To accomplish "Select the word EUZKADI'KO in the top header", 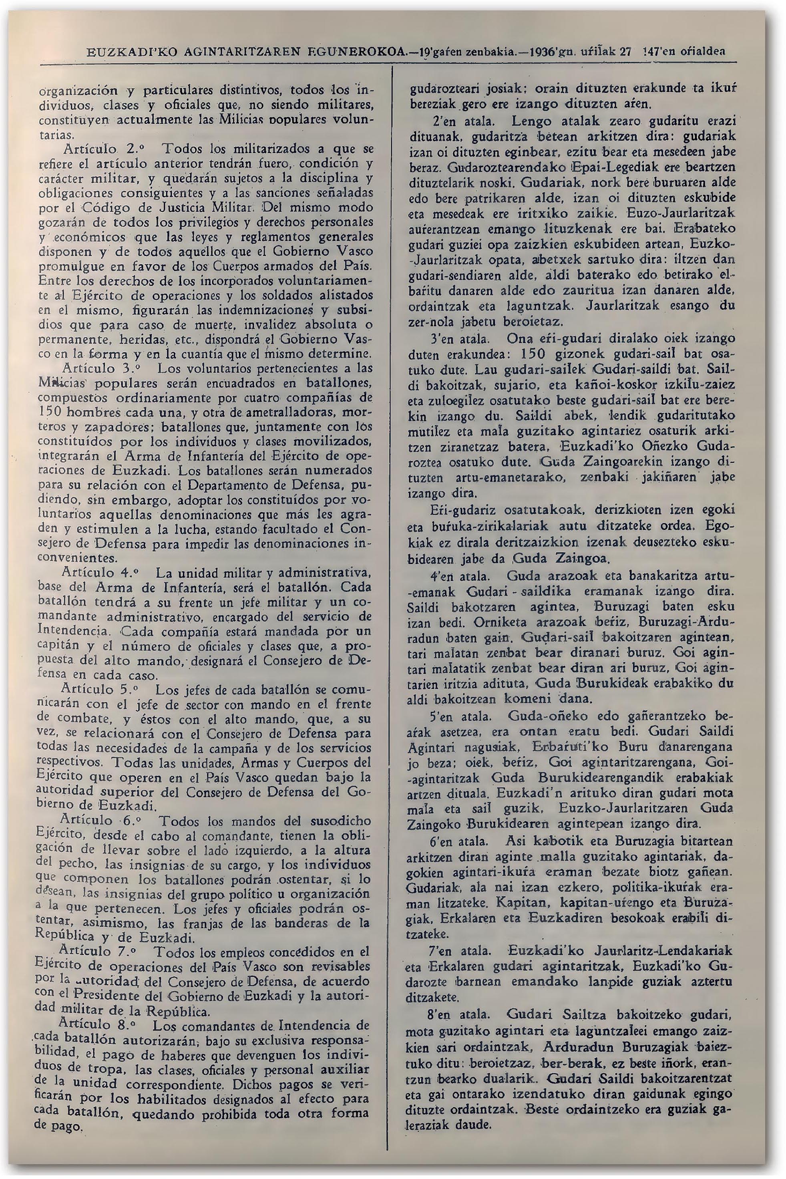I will click(x=129, y=52).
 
